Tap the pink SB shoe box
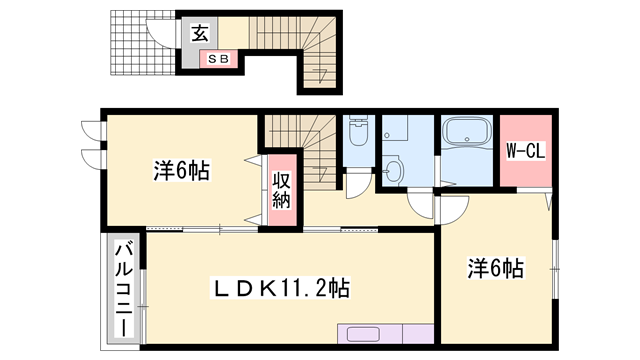click(x=219, y=59)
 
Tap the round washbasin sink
click(x=395, y=169)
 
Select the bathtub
click(x=465, y=135)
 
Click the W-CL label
click(x=524, y=151)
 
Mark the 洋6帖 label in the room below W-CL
click(x=497, y=268)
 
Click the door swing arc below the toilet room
click(x=355, y=186)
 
